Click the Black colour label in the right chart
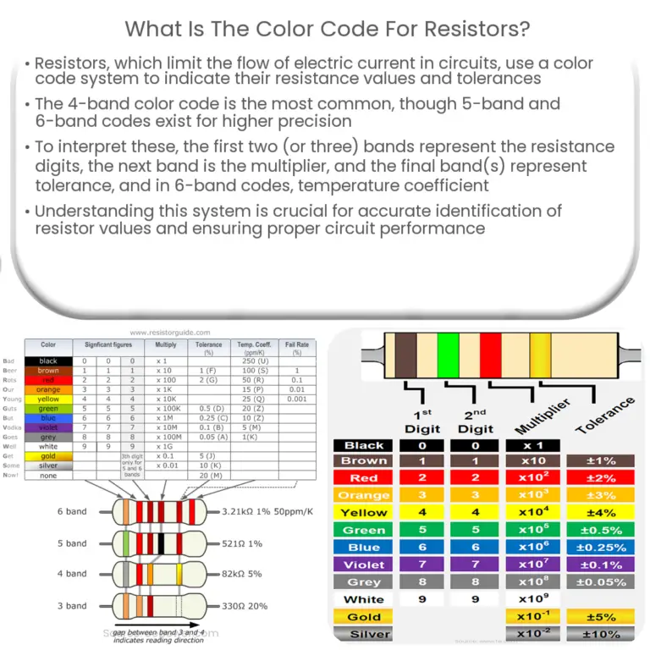coord(364,445)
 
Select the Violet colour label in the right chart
coord(364,565)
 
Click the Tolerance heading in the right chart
coord(604,416)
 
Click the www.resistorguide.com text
coord(168,333)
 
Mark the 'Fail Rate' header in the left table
coord(297,347)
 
